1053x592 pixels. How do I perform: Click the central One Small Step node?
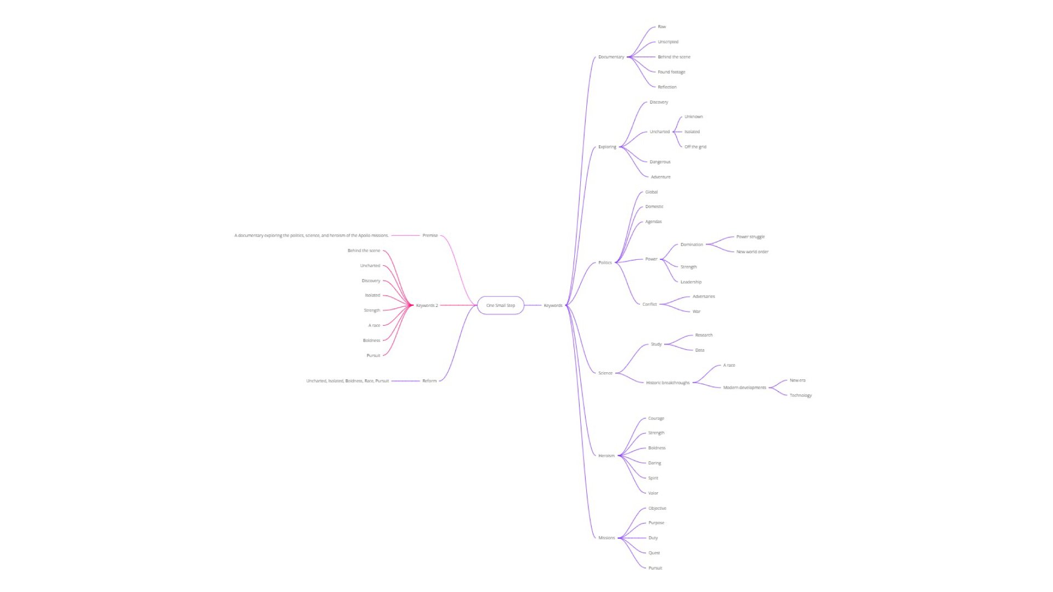pos(500,305)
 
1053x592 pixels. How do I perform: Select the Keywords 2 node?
pos(427,305)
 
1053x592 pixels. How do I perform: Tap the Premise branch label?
pos(430,236)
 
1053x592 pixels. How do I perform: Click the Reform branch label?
pos(429,381)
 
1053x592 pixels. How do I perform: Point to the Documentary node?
pos(611,57)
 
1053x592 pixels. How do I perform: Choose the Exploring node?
pos(607,147)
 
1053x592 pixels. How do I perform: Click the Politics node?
pos(605,263)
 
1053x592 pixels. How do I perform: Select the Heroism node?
pos(607,456)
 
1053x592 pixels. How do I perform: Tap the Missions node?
pos(607,538)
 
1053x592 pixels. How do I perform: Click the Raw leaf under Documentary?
pos(662,27)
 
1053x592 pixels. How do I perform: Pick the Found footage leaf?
pos(671,72)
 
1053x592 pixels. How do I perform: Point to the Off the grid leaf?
pos(695,147)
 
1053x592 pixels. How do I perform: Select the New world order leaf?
pos(752,252)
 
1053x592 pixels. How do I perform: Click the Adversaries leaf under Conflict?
pos(704,297)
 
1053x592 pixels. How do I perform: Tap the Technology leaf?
pos(801,395)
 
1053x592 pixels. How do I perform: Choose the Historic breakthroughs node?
pos(668,383)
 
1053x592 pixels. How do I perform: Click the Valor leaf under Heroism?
pos(653,493)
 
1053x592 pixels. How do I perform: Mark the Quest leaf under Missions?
pos(654,553)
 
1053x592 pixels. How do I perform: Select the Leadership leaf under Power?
pos(691,282)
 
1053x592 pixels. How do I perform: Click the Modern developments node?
pos(745,388)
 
